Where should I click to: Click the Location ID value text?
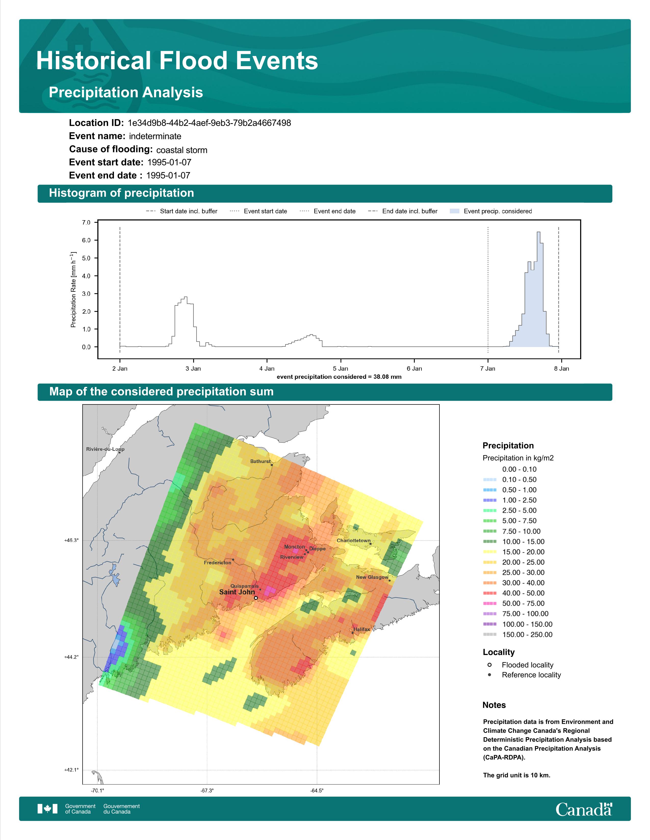click(209, 123)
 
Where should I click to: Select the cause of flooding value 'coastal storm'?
click(182, 150)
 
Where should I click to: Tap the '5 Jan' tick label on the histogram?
click(340, 369)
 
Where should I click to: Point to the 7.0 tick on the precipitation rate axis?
click(86, 222)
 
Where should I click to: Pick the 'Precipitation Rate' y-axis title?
click(73, 290)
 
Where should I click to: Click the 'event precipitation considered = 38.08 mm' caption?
click(339, 377)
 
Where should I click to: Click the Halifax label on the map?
click(362, 629)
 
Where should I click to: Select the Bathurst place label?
click(260, 461)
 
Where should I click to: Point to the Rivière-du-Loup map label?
click(105, 449)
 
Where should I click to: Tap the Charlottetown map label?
click(354, 540)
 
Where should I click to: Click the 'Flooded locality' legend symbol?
click(489, 665)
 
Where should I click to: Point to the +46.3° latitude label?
click(71, 540)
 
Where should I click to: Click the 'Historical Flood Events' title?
click(177, 61)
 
